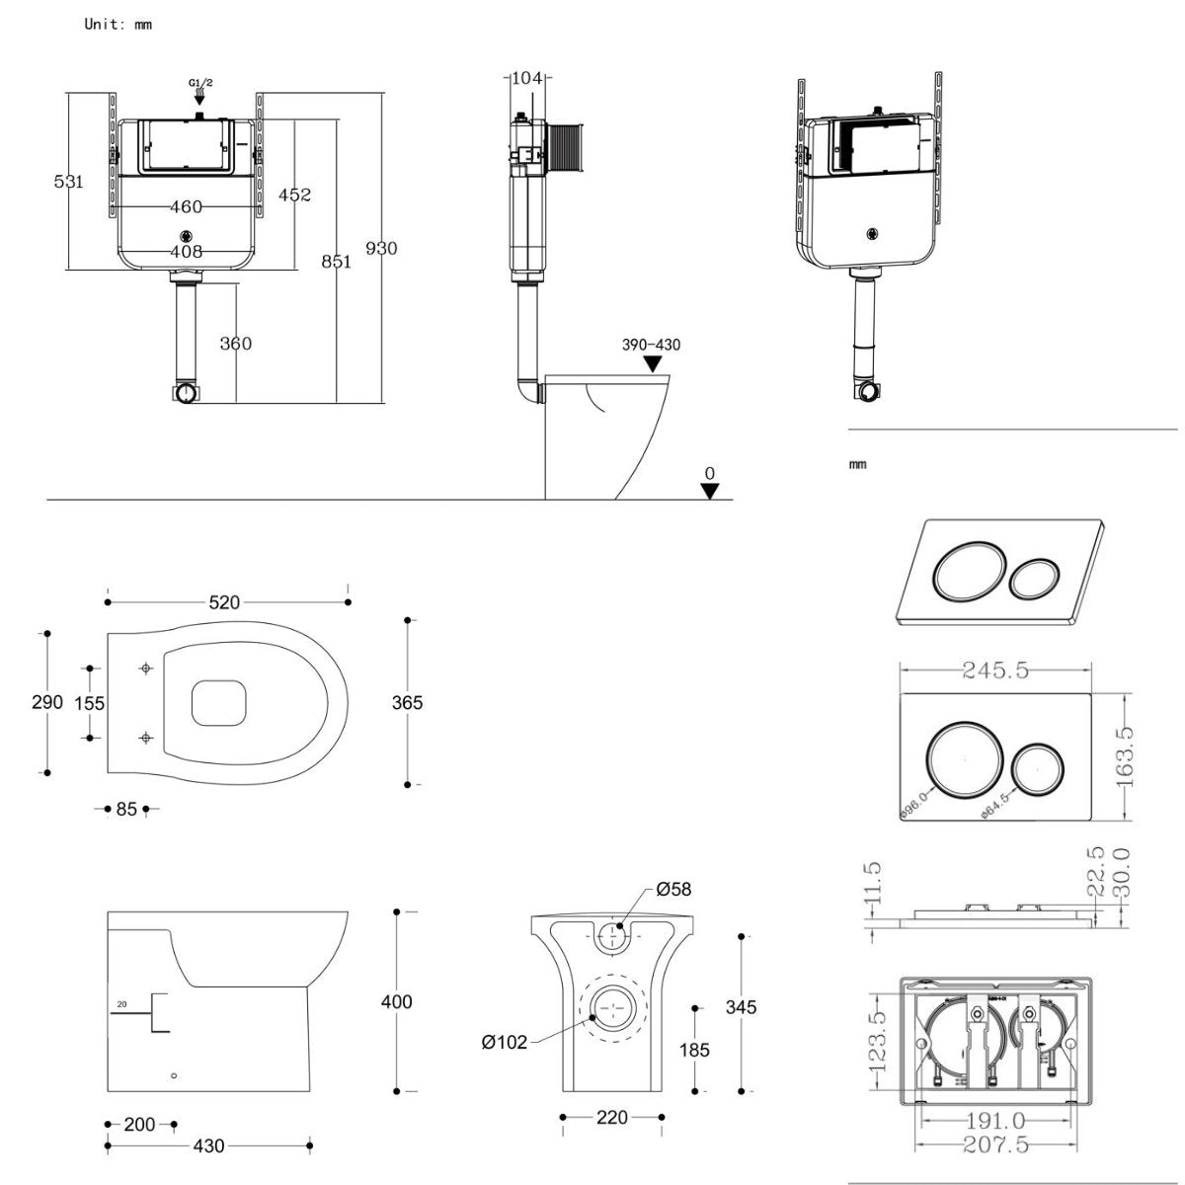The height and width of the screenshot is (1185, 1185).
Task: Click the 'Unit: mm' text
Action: (x=118, y=24)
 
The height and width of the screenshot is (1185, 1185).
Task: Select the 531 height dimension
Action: (x=68, y=182)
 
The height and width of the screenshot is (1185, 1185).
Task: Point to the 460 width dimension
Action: (x=186, y=206)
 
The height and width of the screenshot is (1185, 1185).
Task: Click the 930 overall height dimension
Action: (x=381, y=248)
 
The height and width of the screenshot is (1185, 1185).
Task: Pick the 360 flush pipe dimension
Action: (x=235, y=344)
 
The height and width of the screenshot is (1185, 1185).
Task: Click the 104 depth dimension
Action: (x=528, y=77)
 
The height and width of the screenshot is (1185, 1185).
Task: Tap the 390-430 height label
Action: (x=651, y=345)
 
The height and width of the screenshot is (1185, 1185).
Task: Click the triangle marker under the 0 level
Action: (x=709, y=491)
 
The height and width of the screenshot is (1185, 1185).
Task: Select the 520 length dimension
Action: (x=224, y=602)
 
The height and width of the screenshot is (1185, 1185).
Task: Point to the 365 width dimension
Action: (x=407, y=702)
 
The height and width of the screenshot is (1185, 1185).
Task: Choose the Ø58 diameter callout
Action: (x=674, y=890)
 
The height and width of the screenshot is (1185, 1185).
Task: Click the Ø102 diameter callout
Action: (x=505, y=1042)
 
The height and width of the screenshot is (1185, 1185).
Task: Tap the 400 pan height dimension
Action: (x=397, y=1001)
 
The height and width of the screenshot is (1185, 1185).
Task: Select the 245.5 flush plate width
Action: (x=995, y=671)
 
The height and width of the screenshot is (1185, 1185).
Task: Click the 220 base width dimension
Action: (x=612, y=1118)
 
